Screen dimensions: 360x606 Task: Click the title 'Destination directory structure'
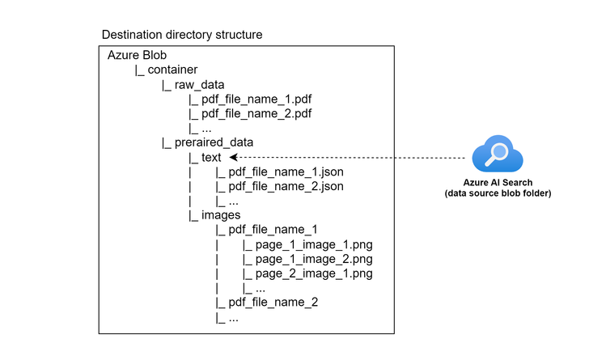[x=181, y=36]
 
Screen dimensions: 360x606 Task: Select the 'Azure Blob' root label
[x=137, y=54]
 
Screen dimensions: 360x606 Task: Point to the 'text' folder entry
[x=211, y=157]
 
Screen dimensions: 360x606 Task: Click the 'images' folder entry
[x=221, y=215]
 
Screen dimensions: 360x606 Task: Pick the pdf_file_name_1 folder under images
[x=273, y=230]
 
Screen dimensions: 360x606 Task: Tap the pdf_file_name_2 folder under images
[x=273, y=303]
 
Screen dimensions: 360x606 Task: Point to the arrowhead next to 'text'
[x=234, y=157]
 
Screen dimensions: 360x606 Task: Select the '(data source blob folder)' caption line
[x=498, y=195]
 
